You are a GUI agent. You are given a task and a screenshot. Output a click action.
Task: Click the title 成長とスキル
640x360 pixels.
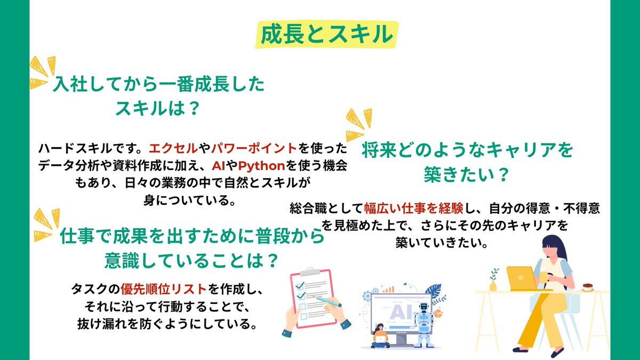coord(326,34)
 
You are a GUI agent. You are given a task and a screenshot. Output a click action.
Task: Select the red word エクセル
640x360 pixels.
coord(173,148)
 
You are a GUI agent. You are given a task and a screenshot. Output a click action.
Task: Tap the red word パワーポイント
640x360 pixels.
coord(253,148)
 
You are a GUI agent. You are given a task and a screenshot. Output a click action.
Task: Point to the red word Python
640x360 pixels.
coord(261,166)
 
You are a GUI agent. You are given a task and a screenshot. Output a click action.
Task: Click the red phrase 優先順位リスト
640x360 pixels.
coord(163,289)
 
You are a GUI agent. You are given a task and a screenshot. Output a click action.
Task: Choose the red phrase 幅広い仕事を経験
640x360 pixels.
coord(413,209)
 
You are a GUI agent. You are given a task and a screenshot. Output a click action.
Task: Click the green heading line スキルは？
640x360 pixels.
coord(157,108)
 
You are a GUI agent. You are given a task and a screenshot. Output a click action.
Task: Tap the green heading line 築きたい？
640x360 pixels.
coord(466,174)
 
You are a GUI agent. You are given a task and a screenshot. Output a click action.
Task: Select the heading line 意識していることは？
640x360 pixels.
coord(191,260)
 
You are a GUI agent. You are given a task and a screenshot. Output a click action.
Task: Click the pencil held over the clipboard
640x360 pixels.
coord(328,301)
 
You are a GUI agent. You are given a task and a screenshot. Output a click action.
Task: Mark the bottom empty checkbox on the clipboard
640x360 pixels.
coord(304,316)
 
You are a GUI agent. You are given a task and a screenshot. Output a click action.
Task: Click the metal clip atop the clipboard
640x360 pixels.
coord(310,271)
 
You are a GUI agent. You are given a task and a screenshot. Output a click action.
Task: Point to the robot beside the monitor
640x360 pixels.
coord(424,325)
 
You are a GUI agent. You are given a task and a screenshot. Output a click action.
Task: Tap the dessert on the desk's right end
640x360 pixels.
coord(587,287)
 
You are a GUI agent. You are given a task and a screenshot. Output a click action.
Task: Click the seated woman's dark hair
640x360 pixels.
coord(556,249)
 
